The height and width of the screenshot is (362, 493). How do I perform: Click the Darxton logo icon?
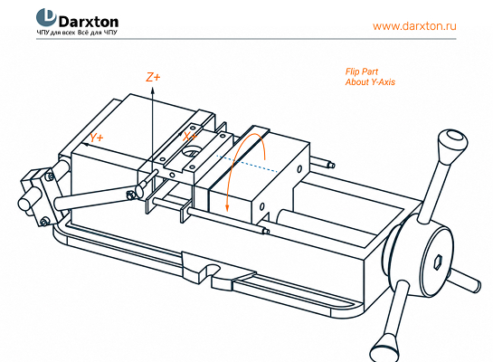pyautogui.click(x=46, y=17)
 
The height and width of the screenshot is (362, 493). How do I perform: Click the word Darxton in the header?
pyautogui.click(x=89, y=22)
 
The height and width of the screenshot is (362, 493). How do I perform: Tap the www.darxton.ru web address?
pyautogui.click(x=414, y=25)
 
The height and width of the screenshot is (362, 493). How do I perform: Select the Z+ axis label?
pyautogui.click(x=153, y=77)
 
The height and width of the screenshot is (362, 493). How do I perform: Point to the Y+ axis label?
pyautogui.click(x=97, y=138)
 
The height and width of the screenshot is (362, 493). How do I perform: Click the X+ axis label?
pyautogui.click(x=190, y=137)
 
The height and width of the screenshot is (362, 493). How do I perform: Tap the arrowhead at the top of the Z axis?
pyautogui.click(x=153, y=90)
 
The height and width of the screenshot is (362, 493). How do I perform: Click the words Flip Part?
pyautogui.click(x=362, y=71)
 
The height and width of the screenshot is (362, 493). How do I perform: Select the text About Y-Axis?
pyautogui.click(x=370, y=82)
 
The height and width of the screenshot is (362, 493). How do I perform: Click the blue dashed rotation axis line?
pyautogui.click(x=246, y=164)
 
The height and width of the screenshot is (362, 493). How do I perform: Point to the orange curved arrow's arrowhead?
pyautogui.click(x=227, y=207)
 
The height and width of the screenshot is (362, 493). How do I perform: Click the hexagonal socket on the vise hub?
pyautogui.click(x=438, y=262)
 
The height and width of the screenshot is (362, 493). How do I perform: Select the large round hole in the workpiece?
pyautogui.click(x=191, y=151)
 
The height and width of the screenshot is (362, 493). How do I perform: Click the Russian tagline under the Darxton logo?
pyautogui.click(x=77, y=33)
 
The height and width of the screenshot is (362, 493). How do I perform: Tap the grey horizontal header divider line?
pyautogui.click(x=246, y=39)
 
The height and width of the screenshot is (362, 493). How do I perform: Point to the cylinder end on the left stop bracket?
pyautogui.click(x=24, y=205)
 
